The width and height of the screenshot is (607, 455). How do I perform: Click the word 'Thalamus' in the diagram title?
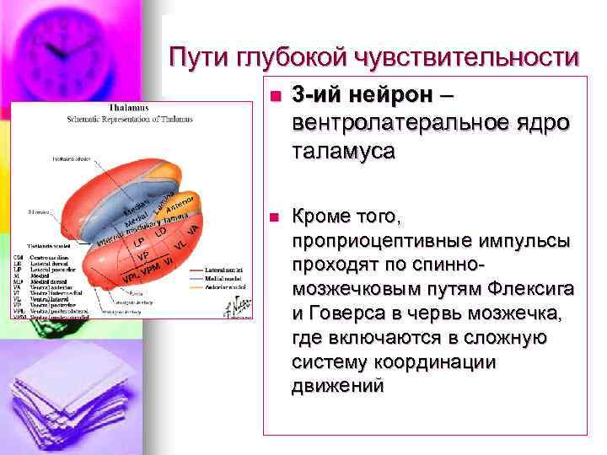click(129, 109)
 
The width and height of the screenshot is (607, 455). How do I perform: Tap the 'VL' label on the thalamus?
click(180, 244)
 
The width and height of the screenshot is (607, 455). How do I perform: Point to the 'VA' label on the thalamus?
click(192, 228)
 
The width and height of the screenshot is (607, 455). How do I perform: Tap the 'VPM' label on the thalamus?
click(151, 269)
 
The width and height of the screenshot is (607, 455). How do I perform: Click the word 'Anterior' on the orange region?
click(183, 201)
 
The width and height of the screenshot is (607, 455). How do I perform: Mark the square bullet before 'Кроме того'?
click(271, 217)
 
